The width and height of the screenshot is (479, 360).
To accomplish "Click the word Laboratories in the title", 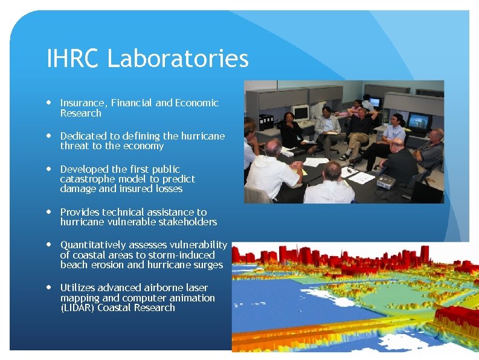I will point(178,59).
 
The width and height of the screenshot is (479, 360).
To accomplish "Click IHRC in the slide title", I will point(73,59).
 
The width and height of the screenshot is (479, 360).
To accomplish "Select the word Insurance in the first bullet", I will point(82,103).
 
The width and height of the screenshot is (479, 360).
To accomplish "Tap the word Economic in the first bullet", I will point(197,103).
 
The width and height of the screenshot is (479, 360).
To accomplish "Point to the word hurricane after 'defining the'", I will point(202,136).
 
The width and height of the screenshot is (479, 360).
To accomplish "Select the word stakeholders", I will point(188,222).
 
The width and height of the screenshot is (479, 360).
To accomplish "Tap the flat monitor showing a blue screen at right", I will point(417,121).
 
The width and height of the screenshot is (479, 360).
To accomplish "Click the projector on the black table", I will point(385,180).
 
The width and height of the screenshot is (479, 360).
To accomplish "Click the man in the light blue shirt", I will point(393,131).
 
